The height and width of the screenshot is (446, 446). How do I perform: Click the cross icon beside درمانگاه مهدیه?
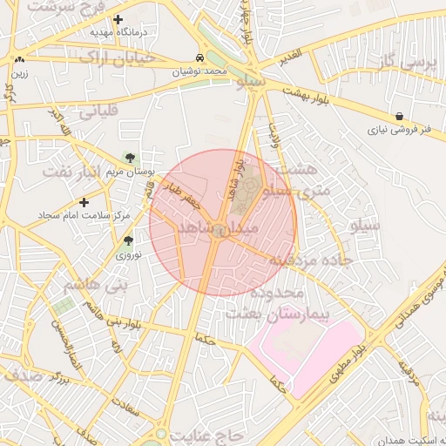[118, 19]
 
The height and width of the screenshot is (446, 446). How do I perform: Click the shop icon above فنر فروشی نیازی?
[399, 116]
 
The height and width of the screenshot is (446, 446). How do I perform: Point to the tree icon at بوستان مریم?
[130, 158]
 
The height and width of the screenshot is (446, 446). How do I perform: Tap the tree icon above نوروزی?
[128, 240]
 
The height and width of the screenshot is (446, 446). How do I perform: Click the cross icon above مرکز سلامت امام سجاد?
[84, 201]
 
